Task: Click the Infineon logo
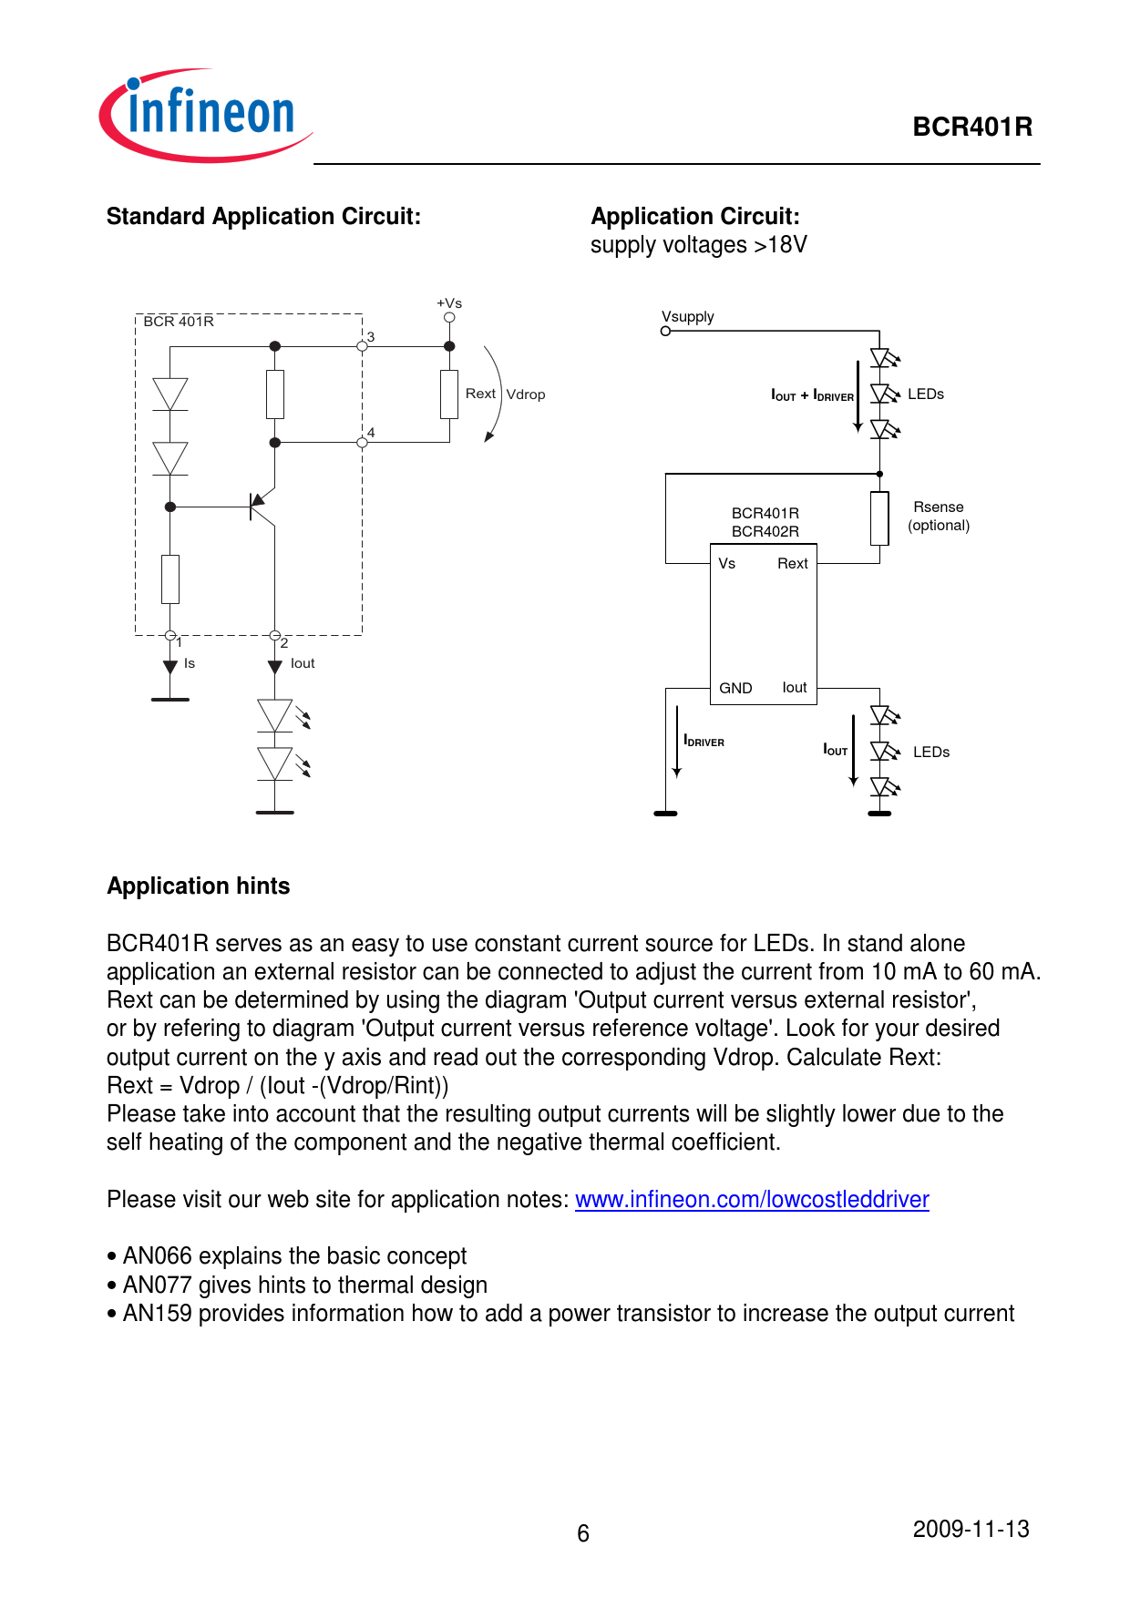pos(206,115)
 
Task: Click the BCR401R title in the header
pos(971,127)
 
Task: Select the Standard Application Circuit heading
pos(263,217)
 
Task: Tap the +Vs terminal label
pos(449,303)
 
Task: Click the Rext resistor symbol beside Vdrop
pos(449,394)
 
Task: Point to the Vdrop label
pos(526,394)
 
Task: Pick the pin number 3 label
pos(371,337)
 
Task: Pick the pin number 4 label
pos(371,433)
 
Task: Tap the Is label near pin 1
pos(190,663)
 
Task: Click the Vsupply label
pos(688,317)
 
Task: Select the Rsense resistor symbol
pos(879,518)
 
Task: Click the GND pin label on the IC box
pos(735,688)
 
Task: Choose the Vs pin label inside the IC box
pos(726,564)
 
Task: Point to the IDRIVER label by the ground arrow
pos(704,742)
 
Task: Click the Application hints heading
pos(199,886)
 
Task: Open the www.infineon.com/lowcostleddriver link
pos(752,1200)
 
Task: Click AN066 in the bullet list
pos(157,1256)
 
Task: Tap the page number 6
pos(583,1533)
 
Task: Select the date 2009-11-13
pos(971,1529)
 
